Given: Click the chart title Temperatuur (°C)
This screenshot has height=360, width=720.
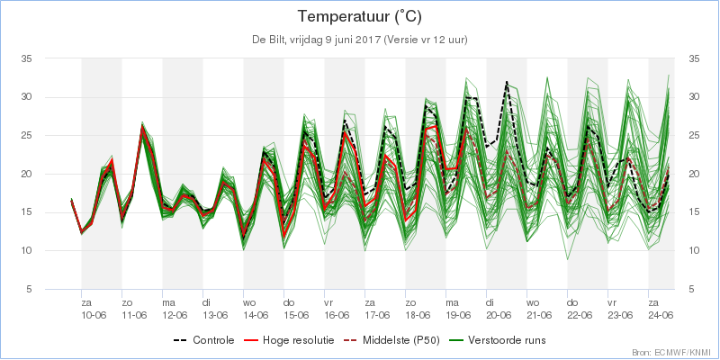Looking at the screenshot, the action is click(x=359, y=17).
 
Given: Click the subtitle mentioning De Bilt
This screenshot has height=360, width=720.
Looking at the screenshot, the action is click(x=359, y=40).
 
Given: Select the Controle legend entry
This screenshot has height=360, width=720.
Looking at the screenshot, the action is click(x=204, y=340).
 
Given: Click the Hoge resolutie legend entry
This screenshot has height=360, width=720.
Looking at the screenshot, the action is click(x=289, y=340).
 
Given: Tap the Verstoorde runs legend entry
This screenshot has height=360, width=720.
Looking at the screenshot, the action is click(x=498, y=340).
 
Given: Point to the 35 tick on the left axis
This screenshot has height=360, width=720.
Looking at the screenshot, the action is click(x=25, y=58).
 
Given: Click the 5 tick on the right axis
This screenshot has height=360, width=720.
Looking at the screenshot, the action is click(x=690, y=290).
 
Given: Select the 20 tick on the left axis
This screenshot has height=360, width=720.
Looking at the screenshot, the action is click(x=25, y=174).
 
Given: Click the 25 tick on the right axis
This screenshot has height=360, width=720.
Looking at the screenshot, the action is click(x=693, y=136).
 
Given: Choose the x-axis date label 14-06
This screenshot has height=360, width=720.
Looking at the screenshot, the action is click(x=255, y=315).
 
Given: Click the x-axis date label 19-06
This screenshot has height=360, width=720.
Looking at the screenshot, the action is click(x=457, y=315).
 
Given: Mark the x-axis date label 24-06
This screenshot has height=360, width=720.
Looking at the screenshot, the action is click(x=661, y=315).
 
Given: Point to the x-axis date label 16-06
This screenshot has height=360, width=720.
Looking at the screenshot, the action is click(x=336, y=315).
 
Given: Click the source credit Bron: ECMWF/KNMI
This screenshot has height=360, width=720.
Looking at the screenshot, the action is click(x=674, y=353).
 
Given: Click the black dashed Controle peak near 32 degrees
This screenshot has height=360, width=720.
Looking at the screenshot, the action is click(x=507, y=82).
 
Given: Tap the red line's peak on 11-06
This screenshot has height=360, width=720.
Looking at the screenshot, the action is click(x=142, y=126).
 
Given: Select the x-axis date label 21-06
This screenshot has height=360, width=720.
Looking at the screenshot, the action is click(x=538, y=315).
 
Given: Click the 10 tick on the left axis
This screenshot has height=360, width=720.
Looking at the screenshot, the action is click(x=25, y=251).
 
